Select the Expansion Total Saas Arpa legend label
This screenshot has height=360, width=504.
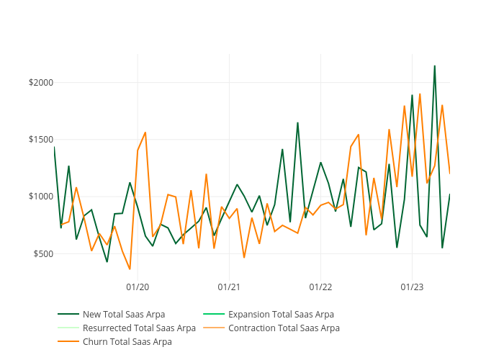[281, 314]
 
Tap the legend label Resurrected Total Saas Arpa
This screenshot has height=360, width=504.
[139, 328]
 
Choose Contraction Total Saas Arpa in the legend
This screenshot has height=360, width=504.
[284, 328]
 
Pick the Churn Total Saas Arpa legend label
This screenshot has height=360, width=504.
[127, 341]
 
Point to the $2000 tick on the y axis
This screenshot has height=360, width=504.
[41, 83]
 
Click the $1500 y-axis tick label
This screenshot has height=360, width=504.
[41, 140]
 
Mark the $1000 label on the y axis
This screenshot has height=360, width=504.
[41, 197]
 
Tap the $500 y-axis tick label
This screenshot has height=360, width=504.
[43, 253]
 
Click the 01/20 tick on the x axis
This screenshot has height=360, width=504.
[138, 285]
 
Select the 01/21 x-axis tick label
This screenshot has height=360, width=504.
[229, 285]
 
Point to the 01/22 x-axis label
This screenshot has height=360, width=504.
[320, 285]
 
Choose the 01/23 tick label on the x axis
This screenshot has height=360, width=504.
[411, 285]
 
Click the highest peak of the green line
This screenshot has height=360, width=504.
[434, 66]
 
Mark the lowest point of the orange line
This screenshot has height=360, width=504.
[130, 269]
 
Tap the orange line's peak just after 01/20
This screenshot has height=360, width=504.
[145, 132]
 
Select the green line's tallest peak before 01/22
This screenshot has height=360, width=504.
[297, 122]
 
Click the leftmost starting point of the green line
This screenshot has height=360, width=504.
[54, 147]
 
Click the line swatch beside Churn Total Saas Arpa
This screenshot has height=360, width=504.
[68, 341]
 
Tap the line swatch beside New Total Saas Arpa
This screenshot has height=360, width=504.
[68, 314]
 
